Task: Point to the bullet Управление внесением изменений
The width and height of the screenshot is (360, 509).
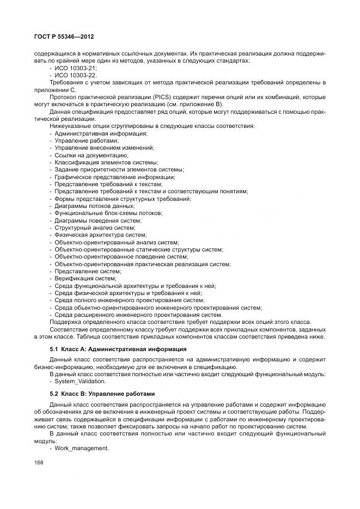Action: (x=104, y=148)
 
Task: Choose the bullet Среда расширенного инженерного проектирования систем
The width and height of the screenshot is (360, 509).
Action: (x=138, y=315)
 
